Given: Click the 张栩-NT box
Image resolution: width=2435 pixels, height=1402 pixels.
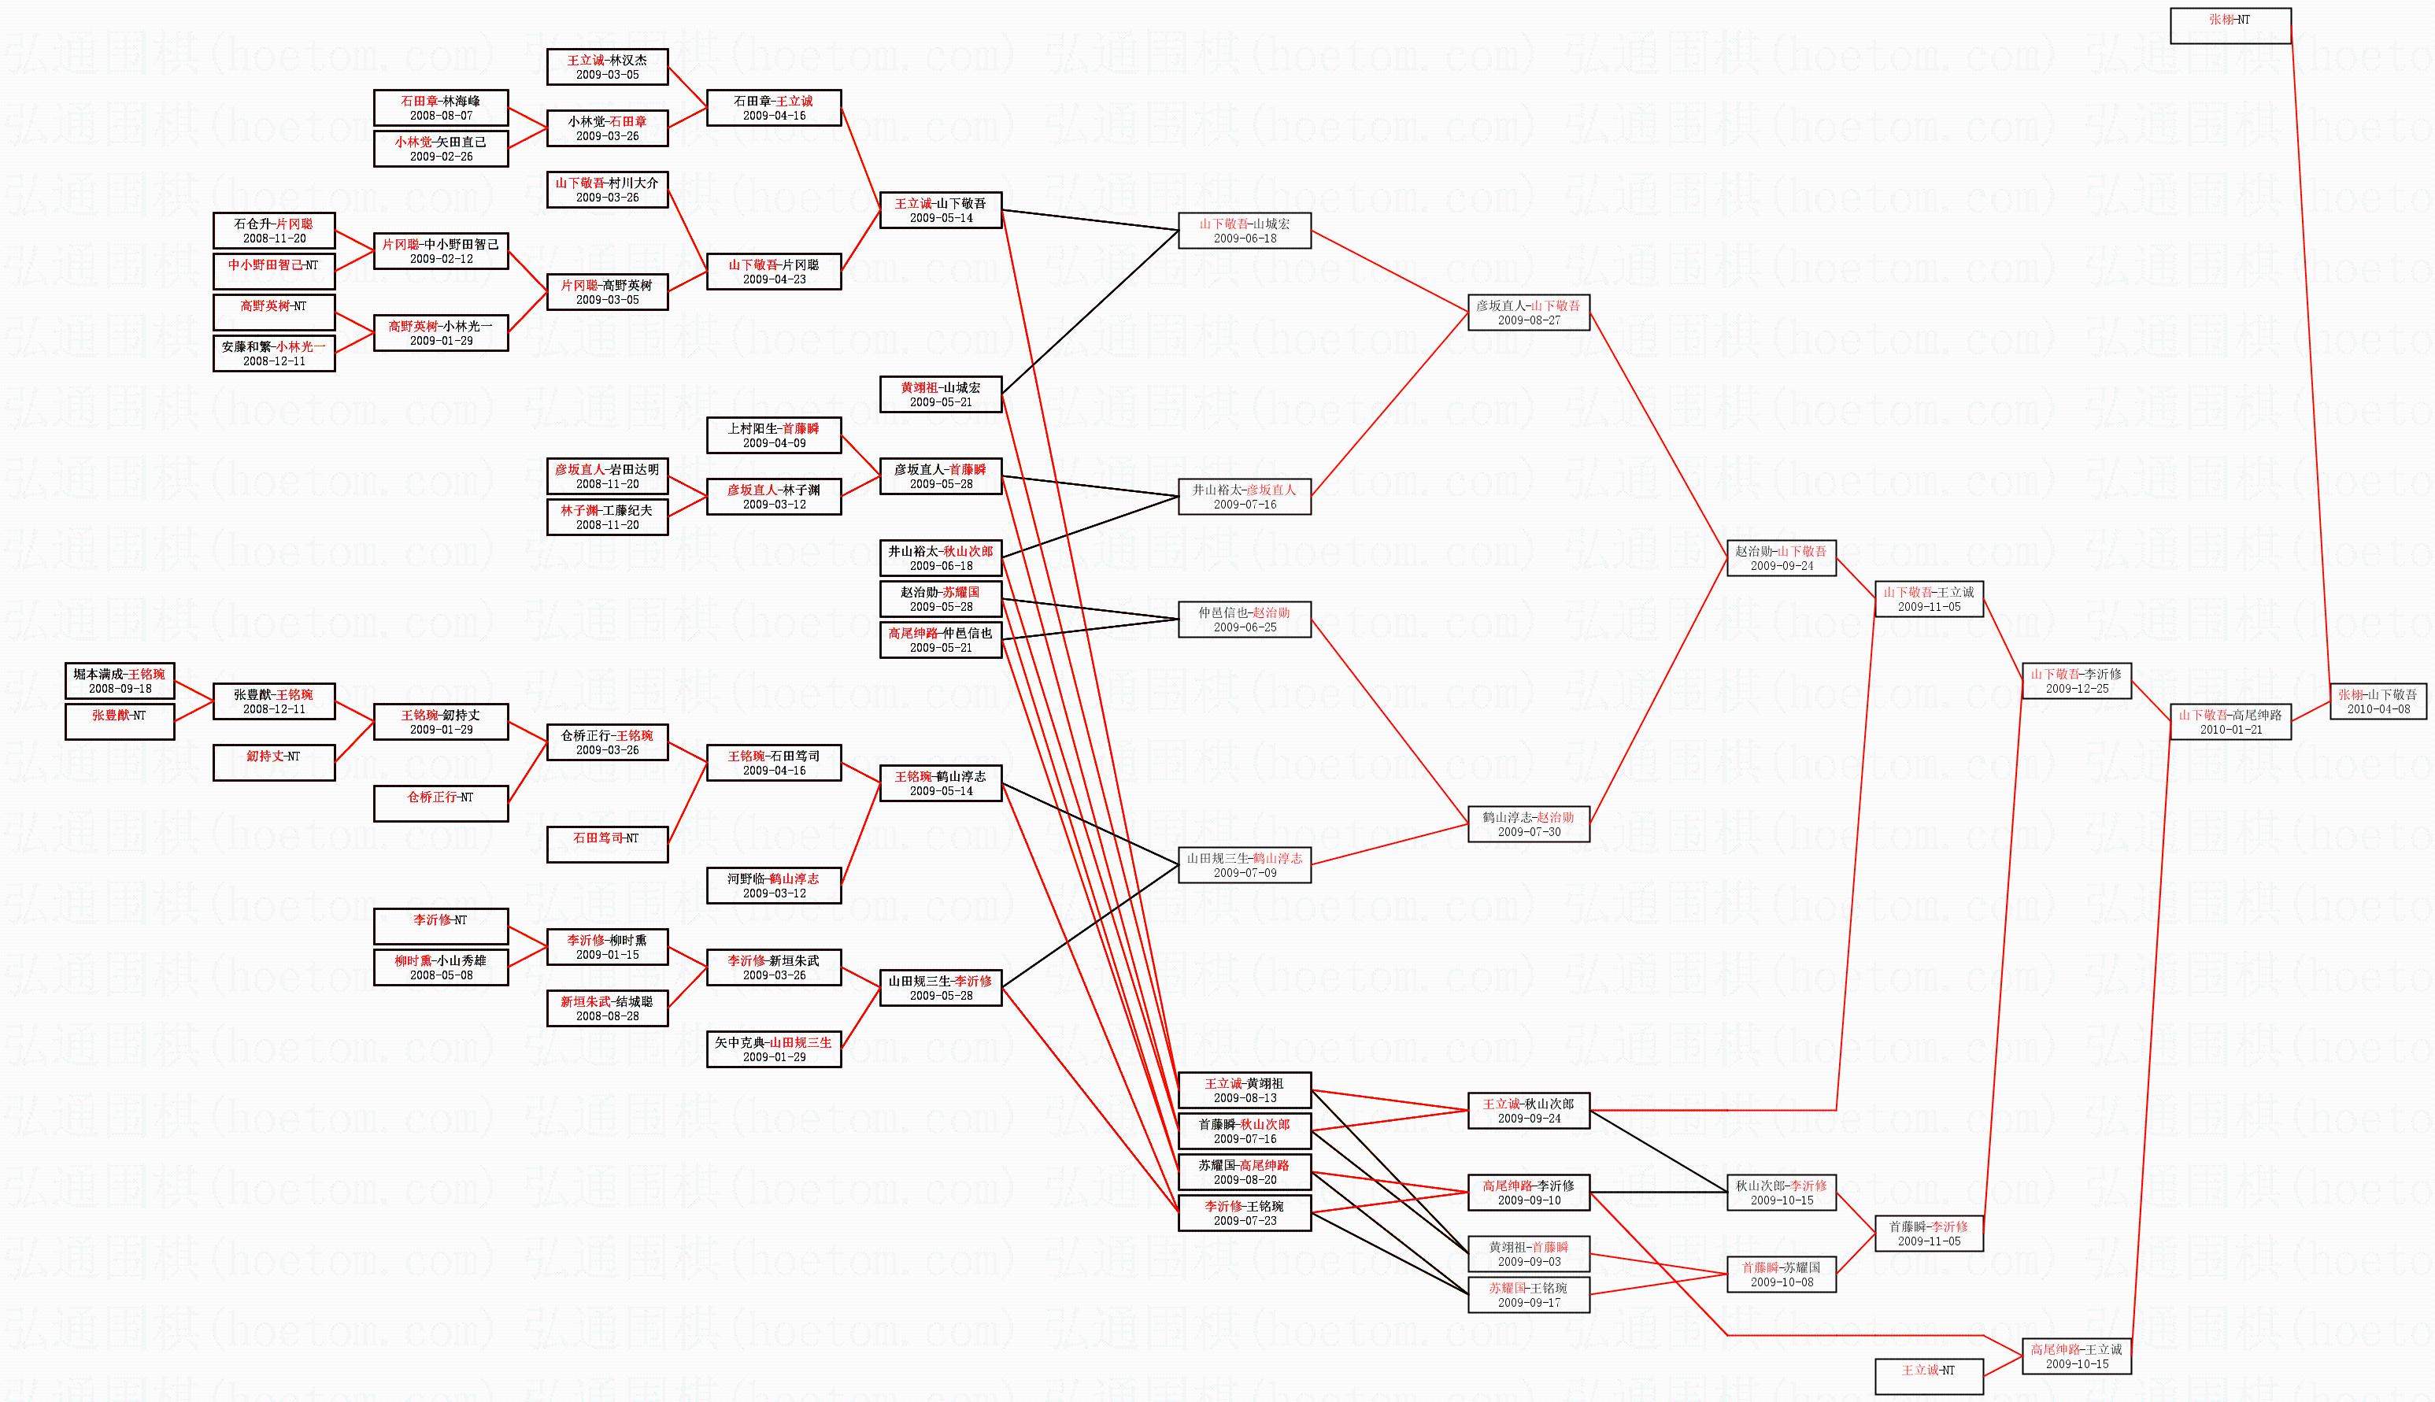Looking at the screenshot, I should point(2229,25).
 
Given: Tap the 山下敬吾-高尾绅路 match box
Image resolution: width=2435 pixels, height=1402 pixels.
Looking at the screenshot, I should point(2229,721).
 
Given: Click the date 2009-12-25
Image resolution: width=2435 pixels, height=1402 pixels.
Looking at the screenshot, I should point(2076,689).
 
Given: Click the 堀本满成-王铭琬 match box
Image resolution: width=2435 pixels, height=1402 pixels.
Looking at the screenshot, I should point(120,681).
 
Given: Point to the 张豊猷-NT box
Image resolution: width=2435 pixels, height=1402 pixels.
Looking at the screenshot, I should point(120,721).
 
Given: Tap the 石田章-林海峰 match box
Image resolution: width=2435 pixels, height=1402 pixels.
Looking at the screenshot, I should point(440,107).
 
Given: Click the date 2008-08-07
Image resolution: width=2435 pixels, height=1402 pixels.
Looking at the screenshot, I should point(441,116).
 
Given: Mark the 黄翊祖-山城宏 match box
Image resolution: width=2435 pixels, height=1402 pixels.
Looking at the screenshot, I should point(941,394).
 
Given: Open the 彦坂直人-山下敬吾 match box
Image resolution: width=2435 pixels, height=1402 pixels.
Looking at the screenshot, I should point(1528,312).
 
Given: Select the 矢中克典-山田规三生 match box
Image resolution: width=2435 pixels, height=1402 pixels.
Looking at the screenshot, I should point(773,1049).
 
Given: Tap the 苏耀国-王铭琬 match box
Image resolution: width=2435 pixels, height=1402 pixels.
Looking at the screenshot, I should point(1528,1294).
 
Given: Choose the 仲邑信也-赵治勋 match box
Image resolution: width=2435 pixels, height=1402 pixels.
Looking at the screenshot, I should point(1244,620).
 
